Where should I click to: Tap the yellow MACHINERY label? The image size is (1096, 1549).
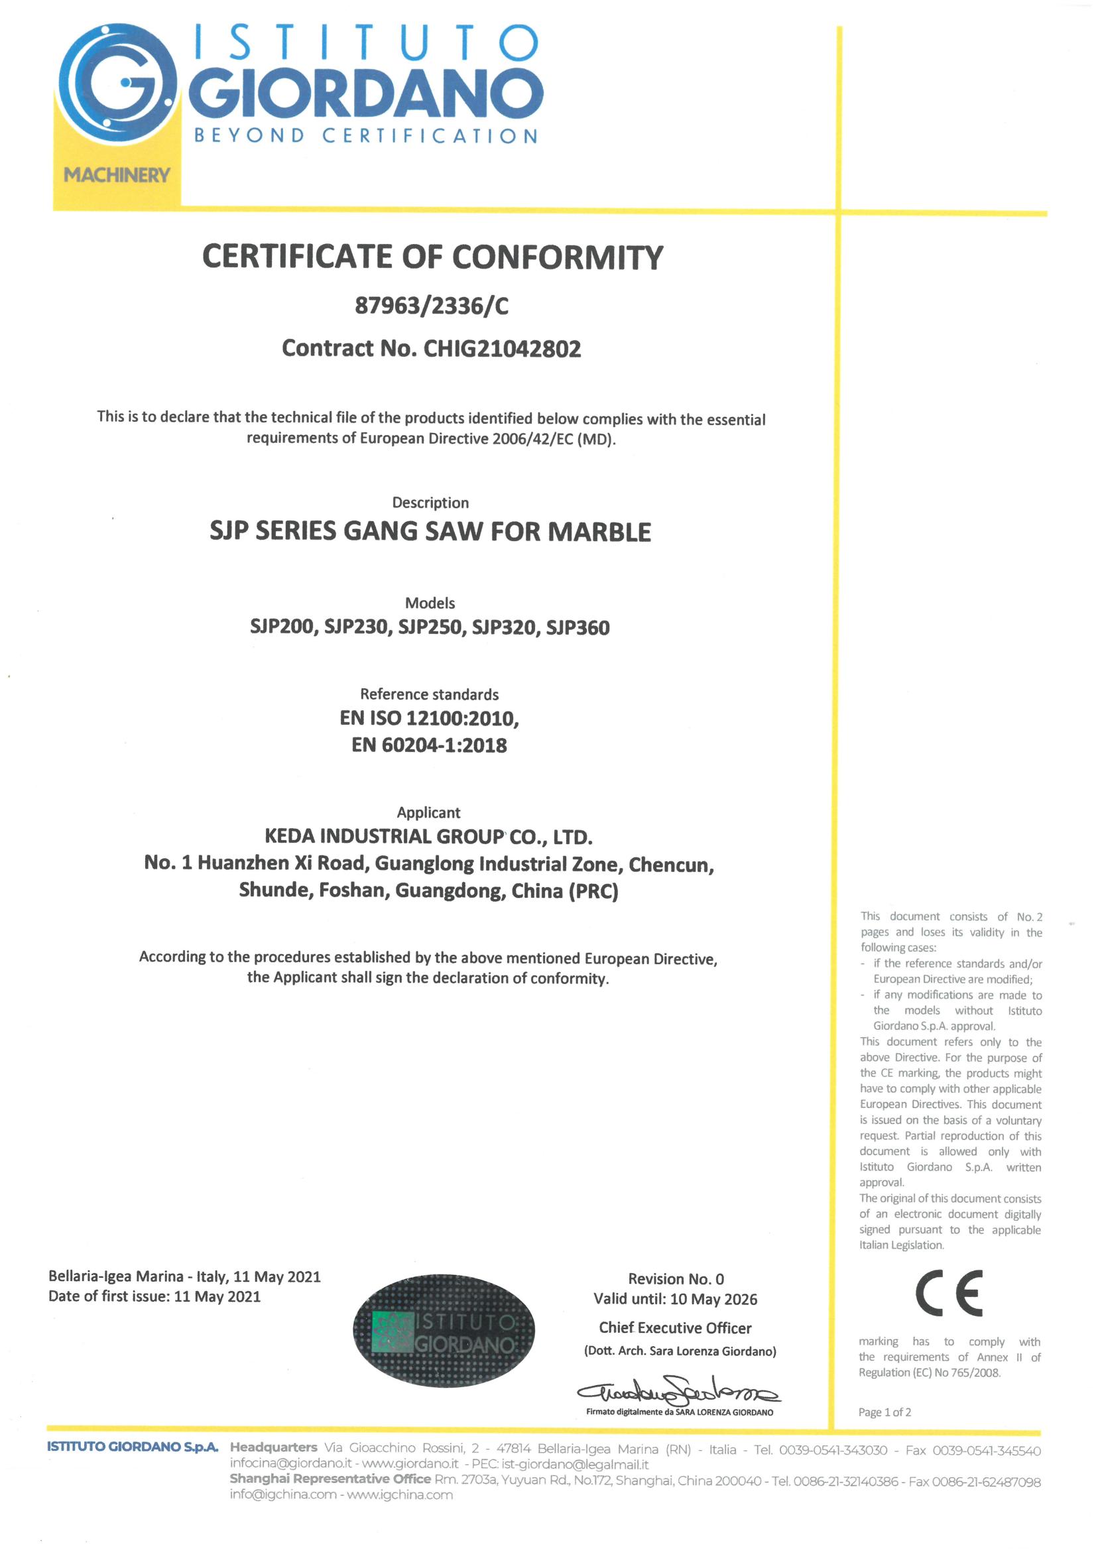[117, 176]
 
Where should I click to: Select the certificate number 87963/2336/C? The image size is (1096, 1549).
[431, 306]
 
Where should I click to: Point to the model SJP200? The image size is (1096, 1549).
[281, 627]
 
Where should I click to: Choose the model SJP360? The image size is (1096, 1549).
[577, 627]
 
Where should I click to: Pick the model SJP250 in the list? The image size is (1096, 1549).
[430, 627]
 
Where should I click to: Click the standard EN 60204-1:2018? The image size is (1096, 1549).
[429, 745]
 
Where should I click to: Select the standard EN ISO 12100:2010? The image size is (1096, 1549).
[429, 717]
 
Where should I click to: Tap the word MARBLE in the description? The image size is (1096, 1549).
[599, 532]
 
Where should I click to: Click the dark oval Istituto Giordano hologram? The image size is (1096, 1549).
[444, 1332]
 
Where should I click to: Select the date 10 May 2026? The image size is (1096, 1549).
[714, 1299]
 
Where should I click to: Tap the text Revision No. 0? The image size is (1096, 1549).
[676, 1279]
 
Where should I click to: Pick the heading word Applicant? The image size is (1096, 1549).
[428, 813]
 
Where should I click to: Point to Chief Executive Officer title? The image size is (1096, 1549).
[675, 1328]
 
